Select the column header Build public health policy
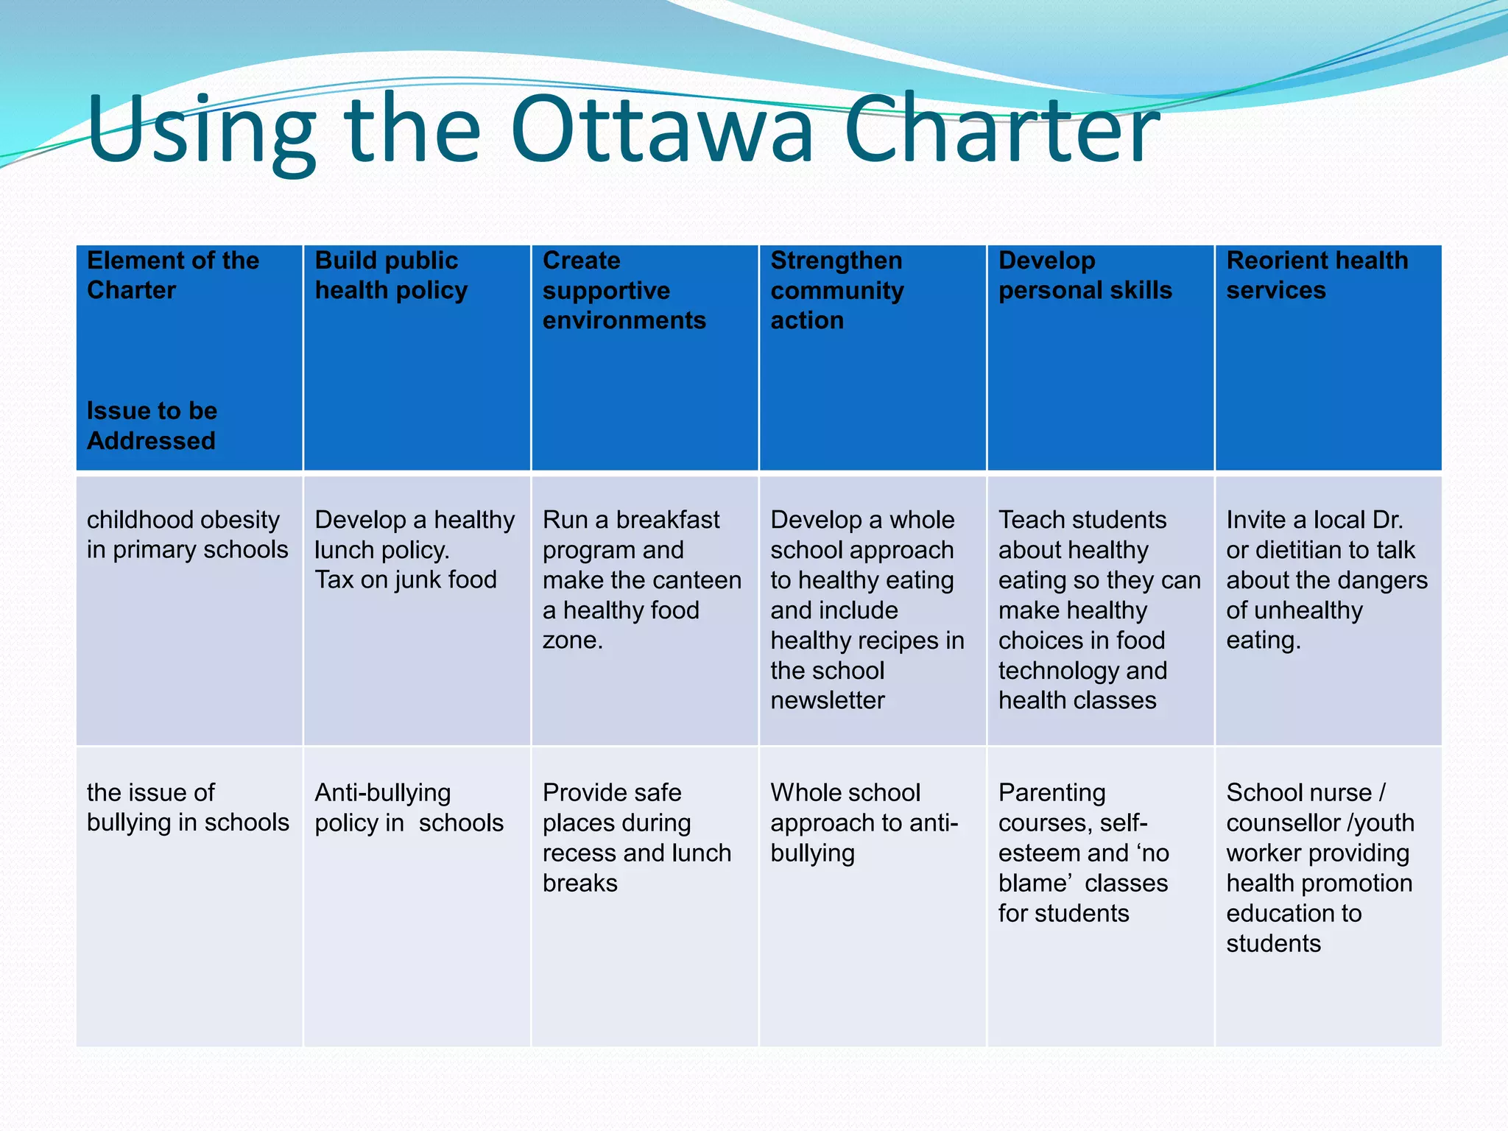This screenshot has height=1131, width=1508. pos(391,275)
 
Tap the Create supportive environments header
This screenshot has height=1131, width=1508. pos(624,290)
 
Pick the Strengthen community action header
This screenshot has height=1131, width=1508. pos(836,290)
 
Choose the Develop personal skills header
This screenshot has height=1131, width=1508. pos(1085,275)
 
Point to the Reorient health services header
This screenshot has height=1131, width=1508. pos(1317,275)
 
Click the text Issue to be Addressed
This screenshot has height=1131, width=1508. pos(152,426)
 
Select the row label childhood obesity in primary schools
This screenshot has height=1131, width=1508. pos(187,535)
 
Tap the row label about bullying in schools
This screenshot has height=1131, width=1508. pos(188,807)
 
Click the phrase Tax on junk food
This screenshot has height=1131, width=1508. pos(406,580)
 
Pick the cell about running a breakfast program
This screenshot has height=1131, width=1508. pos(641,579)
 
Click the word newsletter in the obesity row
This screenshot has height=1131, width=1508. pos(828,700)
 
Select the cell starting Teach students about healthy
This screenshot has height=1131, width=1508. pos(1099,610)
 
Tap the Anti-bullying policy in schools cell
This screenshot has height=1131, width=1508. pos(409,807)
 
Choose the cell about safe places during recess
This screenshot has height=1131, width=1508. pos(636,837)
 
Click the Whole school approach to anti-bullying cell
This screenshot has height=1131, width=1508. pos(864,822)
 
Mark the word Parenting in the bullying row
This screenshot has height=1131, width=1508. pos(1051,793)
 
